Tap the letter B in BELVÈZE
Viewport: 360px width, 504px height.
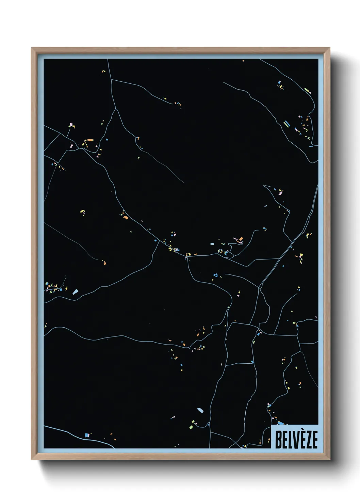click(277, 440)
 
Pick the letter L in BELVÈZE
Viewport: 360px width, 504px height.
click(289, 440)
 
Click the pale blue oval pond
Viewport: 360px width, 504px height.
click(200, 410)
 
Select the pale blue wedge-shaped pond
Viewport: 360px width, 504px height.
click(75, 292)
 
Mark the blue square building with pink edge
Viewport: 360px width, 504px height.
click(87, 435)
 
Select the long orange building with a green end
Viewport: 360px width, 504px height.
click(89, 140)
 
